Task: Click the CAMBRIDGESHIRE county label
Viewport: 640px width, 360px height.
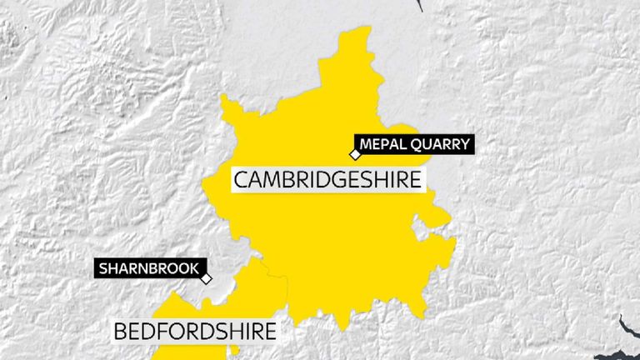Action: [328, 179]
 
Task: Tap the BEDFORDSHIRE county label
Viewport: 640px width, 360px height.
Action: [194, 331]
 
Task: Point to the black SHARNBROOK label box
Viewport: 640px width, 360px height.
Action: [149, 268]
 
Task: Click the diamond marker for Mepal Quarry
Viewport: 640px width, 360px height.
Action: [354, 154]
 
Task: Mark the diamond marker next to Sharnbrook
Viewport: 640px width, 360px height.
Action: [206, 279]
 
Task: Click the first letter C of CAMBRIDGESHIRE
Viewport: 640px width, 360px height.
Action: [241, 179]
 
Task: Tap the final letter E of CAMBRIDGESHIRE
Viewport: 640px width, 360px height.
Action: [417, 179]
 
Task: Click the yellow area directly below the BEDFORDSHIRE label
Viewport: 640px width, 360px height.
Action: [192, 352]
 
